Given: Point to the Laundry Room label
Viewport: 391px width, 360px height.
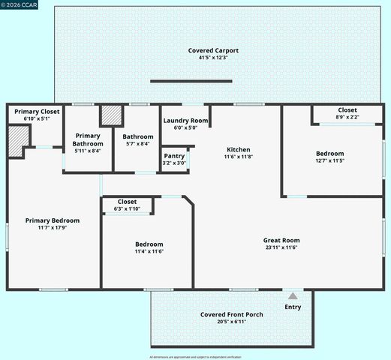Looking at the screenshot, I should (x=185, y=120).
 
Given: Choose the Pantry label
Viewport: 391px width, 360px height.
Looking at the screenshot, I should (x=174, y=156).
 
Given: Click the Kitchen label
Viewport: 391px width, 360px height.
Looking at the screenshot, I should (x=239, y=149).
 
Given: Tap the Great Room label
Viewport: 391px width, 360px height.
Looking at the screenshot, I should (x=281, y=241).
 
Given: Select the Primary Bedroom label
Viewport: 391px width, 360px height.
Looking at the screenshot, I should (x=52, y=220).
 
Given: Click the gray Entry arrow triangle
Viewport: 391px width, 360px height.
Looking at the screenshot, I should (x=293, y=296).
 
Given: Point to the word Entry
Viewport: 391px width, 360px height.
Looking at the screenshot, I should (x=293, y=307).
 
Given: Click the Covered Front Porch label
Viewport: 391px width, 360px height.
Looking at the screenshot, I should (x=231, y=314).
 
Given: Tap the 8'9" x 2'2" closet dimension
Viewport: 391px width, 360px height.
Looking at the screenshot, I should (x=347, y=117).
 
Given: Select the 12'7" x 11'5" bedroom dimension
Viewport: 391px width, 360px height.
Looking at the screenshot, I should (x=330, y=160).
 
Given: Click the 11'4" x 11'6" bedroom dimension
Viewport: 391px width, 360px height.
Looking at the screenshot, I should (x=149, y=251).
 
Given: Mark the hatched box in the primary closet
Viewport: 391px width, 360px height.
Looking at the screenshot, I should (x=17, y=141).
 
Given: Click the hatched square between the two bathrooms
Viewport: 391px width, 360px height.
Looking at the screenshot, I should (x=111, y=115).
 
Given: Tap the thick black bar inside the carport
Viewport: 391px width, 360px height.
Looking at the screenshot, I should (x=191, y=81).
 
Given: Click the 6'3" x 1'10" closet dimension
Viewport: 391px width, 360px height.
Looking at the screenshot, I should (x=127, y=208).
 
